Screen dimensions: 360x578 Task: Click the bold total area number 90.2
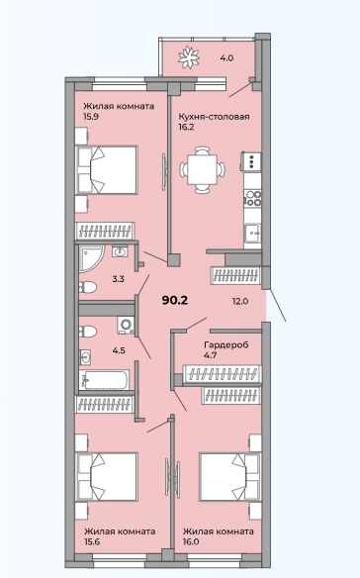pos(175,300)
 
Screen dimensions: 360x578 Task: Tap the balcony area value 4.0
pos(227,57)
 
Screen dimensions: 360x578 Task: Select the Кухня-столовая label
pos(214,117)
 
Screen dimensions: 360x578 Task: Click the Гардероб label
pos(226,344)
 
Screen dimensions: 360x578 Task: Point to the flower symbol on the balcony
pos(189,57)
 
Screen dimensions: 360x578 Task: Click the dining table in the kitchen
pos(203,169)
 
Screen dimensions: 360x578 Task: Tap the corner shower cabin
pos(92,258)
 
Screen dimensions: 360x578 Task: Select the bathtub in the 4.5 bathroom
pos(104,380)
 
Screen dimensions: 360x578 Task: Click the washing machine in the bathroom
pos(126,325)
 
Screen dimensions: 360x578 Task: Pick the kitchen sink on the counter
pos(253,233)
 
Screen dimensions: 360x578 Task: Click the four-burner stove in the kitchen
pos(253,198)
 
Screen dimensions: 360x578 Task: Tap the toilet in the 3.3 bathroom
pos(88,287)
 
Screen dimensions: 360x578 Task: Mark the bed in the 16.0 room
pos(229,477)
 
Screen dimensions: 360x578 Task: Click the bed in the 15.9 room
pos(107,170)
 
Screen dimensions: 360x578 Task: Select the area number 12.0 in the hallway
pos(240,301)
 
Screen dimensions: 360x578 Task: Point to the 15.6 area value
pos(92,541)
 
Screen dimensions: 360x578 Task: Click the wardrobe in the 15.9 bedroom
pos(105,232)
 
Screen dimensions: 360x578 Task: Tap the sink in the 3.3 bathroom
pos(120,251)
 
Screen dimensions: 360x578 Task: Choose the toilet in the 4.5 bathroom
pos(88,331)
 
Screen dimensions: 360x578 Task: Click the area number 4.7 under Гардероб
pos(210,355)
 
